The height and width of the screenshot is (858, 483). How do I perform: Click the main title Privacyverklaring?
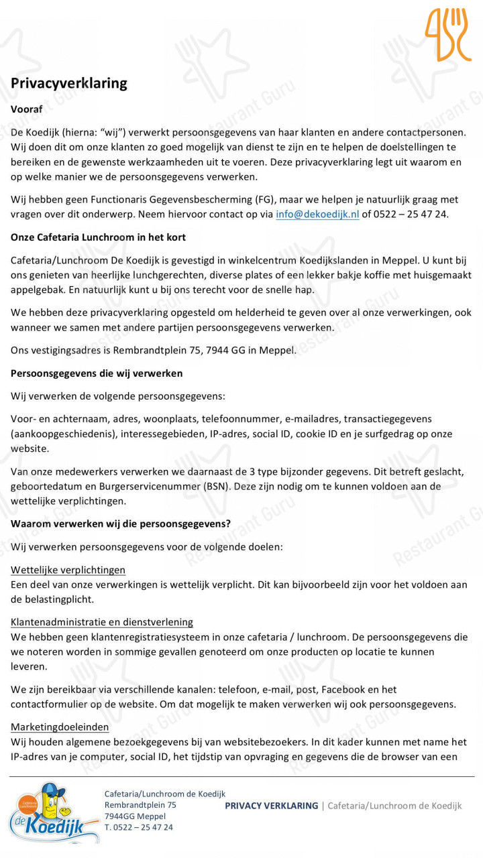coord(69,83)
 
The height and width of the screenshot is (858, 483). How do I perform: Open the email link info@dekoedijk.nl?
coord(317,214)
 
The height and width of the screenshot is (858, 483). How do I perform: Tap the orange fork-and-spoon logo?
coord(447,34)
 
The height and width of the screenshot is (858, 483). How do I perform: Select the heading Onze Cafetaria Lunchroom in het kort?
coord(98,237)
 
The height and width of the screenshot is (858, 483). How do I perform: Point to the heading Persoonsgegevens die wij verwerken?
coord(97,373)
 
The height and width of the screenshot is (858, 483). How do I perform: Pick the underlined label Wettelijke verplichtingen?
coord(68,570)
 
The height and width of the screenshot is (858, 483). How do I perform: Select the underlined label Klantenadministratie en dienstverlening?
coord(102,622)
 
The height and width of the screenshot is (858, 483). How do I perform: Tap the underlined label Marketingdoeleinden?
coord(60,727)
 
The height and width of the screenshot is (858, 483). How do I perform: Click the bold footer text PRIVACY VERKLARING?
coord(271,806)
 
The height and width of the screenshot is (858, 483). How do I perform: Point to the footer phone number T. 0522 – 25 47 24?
coord(138,827)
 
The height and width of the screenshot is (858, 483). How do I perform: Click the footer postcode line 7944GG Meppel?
coord(135,816)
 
